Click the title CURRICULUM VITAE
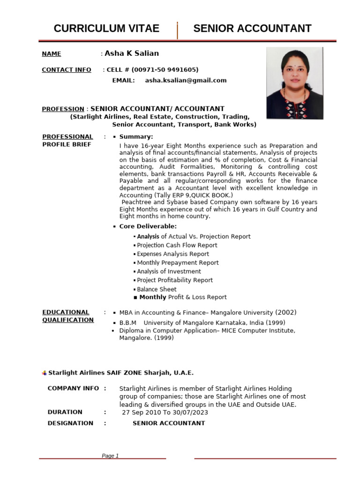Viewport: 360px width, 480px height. pos(106,29)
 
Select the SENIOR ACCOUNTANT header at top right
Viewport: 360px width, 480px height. pos(252,29)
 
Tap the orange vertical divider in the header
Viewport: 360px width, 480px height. pos(177,30)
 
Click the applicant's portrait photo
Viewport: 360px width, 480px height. pos(294,83)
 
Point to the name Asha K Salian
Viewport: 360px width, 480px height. pos(132,53)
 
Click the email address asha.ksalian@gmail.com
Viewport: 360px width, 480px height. pos(186,80)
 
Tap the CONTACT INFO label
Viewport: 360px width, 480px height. pos(67,70)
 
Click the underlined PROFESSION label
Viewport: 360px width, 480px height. pos(63,109)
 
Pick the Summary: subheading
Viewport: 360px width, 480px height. pos(136,136)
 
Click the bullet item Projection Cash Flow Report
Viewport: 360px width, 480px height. pos(177,245)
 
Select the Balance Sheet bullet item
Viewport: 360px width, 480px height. pos(157,289)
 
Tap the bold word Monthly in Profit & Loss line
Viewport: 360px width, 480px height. pos(153,297)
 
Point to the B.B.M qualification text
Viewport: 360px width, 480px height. pos(127,322)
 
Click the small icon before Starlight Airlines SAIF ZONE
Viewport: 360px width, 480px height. pos(45,373)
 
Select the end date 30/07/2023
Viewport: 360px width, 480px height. pos(191,412)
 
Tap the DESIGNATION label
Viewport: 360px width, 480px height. pos(70,423)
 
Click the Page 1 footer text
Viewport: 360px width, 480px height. pos(111,456)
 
